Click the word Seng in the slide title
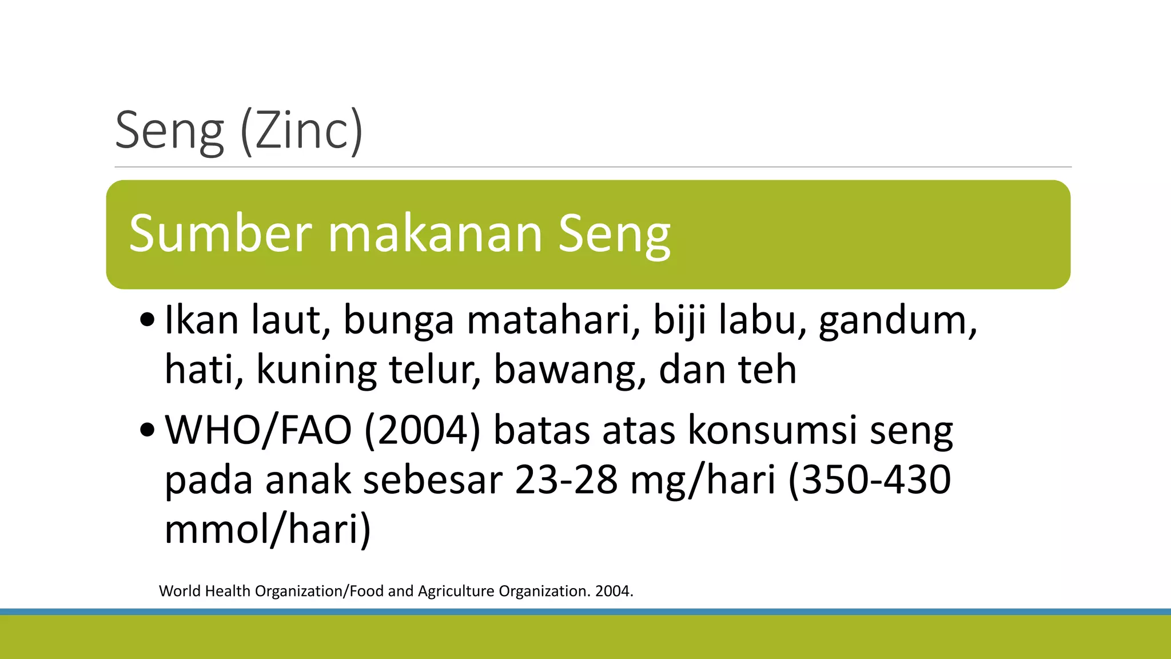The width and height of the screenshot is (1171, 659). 169,132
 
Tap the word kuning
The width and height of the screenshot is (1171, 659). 316,371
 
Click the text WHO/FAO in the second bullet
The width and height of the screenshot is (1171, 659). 258,430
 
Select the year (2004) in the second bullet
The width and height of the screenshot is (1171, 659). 422,430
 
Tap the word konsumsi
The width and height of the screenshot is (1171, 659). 772,430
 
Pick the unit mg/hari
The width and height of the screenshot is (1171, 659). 703,481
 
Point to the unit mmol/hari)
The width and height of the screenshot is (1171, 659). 268,529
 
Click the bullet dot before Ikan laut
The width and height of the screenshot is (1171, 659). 147,321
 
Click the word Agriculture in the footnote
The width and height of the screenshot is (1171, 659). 456,591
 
